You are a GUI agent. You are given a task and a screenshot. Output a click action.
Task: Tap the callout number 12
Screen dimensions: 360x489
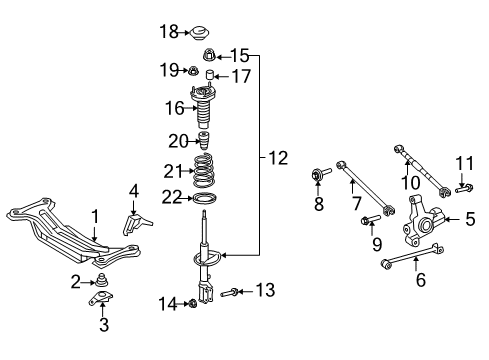click(x=276, y=157)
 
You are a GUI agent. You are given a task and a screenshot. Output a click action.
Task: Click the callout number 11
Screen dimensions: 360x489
click(x=462, y=164)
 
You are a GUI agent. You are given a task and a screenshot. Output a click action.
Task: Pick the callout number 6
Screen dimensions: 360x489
click(x=420, y=281)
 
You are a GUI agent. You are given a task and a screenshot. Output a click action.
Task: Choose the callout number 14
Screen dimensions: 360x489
click(x=169, y=303)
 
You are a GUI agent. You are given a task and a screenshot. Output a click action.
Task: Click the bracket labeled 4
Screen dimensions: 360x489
click(x=132, y=218)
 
